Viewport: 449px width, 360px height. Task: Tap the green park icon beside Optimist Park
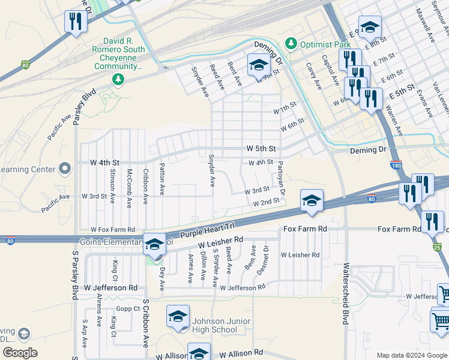(x=291, y=43)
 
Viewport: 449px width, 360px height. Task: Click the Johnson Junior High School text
(x=214, y=325)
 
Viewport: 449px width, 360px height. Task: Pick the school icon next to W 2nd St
(x=312, y=200)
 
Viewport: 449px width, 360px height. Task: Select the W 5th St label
(x=261, y=148)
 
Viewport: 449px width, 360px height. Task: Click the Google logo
(x=20, y=352)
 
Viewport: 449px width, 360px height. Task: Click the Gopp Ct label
(x=128, y=308)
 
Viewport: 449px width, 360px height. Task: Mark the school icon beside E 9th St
(x=370, y=27)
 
